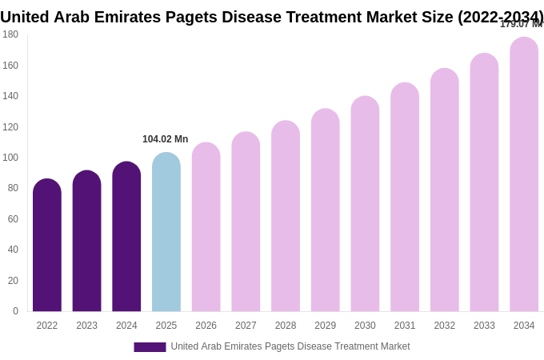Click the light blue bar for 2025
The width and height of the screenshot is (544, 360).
[166, 232]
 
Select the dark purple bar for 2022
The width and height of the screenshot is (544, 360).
[47, 245]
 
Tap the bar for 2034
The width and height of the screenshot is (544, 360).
[524, 174]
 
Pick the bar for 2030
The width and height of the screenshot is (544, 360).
[365, 204]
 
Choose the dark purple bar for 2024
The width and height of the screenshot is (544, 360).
[126, 237]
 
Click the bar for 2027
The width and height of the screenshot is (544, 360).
[246, 222]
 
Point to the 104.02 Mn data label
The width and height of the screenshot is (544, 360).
[166, 139]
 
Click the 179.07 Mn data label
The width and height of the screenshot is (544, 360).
[520, 24]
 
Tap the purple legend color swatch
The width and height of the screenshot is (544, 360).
[150, 347]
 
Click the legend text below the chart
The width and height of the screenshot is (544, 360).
[290, 346]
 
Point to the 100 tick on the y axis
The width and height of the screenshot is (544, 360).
[10, 158]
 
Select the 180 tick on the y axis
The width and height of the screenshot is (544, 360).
[10, 34]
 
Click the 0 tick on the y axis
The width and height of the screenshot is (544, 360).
[15, 311]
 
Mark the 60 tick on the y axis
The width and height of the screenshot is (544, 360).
[13, 219]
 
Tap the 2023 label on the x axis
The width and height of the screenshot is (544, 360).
[86, 326]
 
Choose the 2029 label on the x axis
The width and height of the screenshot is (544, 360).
[325, 326]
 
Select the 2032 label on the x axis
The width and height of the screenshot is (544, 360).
[444, 326]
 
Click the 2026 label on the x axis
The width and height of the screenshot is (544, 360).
[206, 326]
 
